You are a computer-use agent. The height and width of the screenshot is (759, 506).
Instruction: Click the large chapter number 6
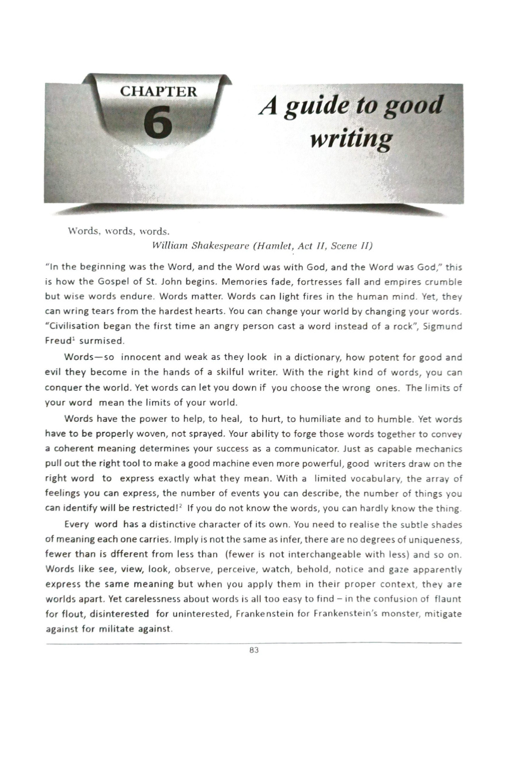click(x=158, y=120)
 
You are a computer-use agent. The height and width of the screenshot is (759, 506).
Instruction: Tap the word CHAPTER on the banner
click(x=158, y=91)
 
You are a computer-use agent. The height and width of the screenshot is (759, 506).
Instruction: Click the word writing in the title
click(x=350, y=138)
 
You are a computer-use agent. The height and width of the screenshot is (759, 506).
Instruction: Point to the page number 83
click(x=254, y=649)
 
